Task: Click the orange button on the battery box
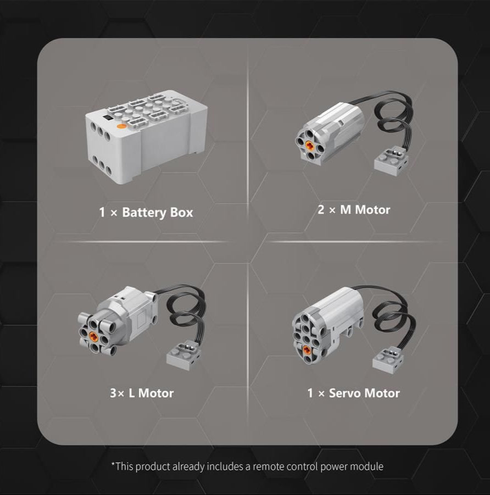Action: point(121,126)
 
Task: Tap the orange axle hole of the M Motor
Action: point(309,145)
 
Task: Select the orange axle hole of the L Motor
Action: point(93,336)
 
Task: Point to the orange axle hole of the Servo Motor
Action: point(307,349)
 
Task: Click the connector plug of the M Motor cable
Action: point(391,162)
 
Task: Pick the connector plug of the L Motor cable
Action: point(183,355)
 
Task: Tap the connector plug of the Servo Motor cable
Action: point(388,360)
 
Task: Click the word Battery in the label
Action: point(144,213)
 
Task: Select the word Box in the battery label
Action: point(181,212)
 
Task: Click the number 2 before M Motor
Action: point(321,209)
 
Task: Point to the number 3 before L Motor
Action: point(113,393)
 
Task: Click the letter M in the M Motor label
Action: point(346,210)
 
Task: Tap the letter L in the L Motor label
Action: point(132,393)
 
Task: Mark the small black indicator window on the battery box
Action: point(108,118)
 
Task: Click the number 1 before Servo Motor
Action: point(310,393)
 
